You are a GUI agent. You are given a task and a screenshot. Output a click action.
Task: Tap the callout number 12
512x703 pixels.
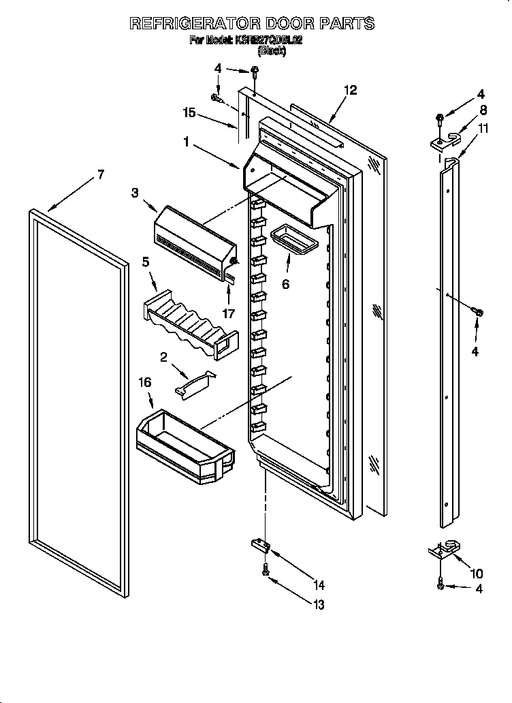pos(349,90)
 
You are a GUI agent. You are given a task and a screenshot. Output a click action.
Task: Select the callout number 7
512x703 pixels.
pos(100,174)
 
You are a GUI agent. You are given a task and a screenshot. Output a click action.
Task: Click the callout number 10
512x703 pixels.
pos(476,573)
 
